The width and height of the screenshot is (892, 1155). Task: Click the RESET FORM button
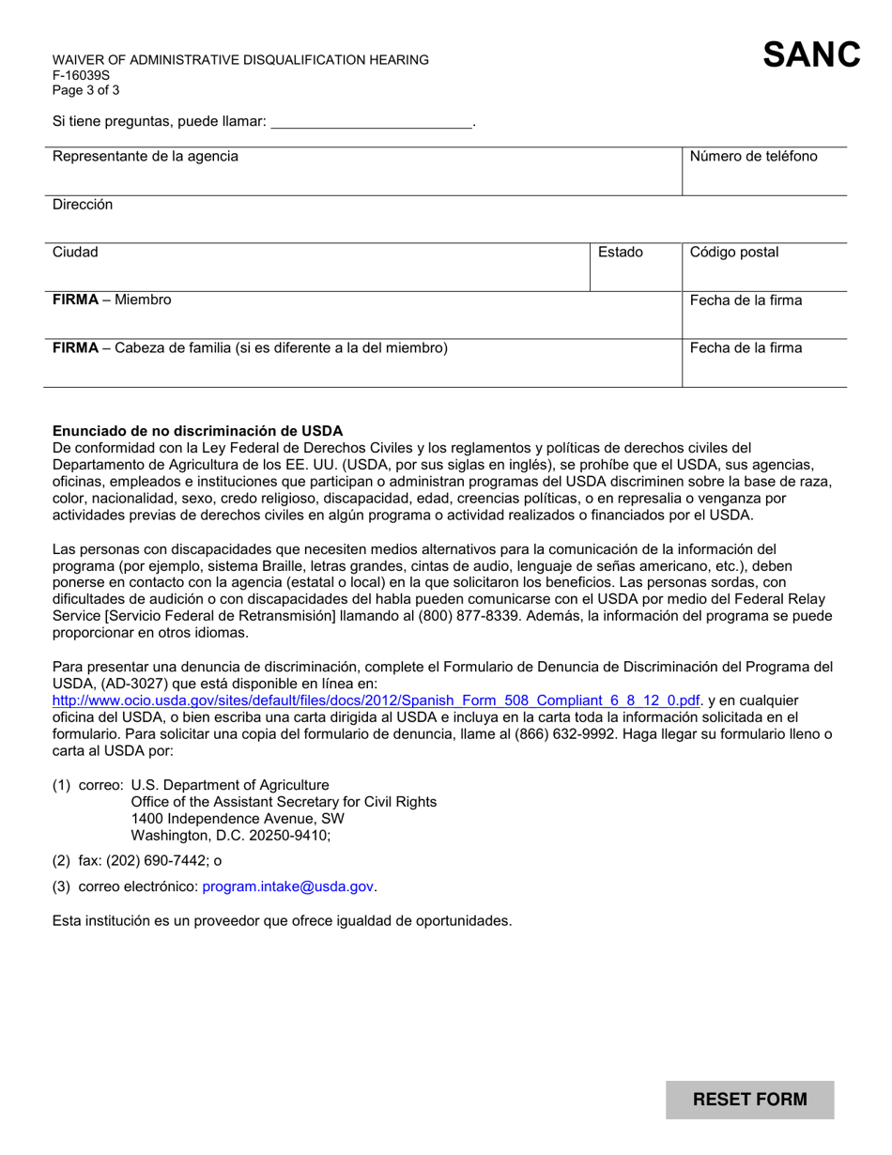pos(749,1100)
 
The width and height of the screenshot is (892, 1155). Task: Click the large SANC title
pos(811,54)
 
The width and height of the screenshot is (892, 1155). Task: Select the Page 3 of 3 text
pos(85,91)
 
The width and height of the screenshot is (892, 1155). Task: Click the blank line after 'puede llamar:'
pos(371,122)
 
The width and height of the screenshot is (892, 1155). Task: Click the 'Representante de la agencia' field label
pos(145,157)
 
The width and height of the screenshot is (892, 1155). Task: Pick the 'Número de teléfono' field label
pos(753,157)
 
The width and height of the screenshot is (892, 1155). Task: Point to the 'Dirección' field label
pos(83,205)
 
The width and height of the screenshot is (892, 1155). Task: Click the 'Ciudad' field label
pos(75,253)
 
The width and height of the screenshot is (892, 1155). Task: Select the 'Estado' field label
pos(621,253)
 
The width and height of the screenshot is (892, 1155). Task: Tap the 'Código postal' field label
pos(734,253)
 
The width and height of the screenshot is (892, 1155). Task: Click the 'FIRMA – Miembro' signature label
pos(112,300)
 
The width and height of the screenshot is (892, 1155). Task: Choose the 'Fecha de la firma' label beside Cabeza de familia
pos(746,348)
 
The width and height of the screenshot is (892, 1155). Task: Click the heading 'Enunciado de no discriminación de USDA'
pos(197,431)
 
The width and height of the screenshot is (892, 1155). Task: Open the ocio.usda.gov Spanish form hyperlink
pos(377,701)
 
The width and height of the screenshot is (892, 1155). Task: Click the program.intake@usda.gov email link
pos(288,886)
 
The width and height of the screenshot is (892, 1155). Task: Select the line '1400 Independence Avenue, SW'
pos(224,818)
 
